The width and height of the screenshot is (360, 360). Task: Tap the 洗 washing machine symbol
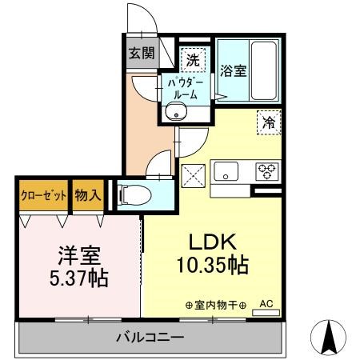point(192,58)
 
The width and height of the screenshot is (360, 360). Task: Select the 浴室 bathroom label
point(234,70)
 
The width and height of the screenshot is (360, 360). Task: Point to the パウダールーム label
point(184,87)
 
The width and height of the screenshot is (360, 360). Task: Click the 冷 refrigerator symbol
point(269,122)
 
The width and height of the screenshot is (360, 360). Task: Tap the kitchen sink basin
point(225,171)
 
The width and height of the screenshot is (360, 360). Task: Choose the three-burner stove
point(266,171)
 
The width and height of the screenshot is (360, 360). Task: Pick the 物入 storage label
point(87,195)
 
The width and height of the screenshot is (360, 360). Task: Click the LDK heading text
point(211,242)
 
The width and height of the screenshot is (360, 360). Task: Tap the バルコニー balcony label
point(150,338)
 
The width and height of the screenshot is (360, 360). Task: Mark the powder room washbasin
point(176,113)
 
